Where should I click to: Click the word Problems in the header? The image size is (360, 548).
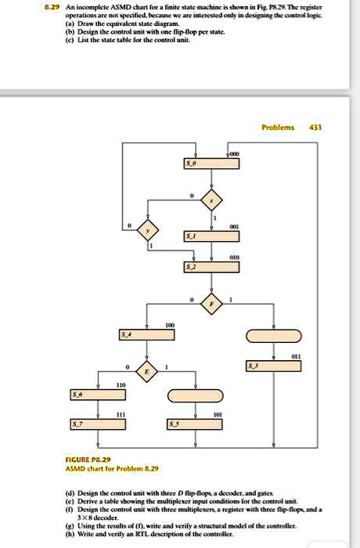(x=278, y=127)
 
